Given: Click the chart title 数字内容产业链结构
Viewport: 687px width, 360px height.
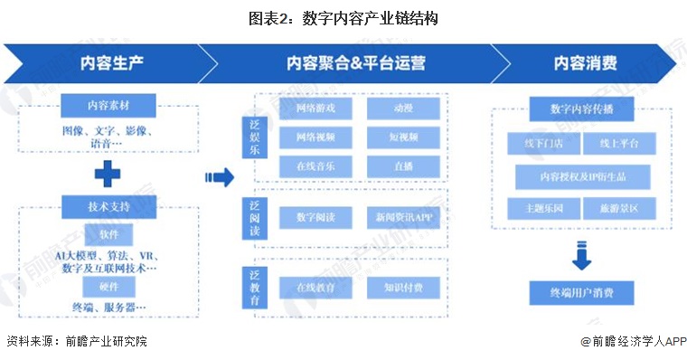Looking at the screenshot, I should (x=343, y=18).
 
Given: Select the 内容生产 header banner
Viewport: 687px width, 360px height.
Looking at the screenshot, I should (x=108, y=64).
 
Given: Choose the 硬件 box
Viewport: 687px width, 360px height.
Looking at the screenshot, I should (x=109, y=286).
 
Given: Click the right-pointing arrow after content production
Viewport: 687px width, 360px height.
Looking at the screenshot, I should (x=214, y=177).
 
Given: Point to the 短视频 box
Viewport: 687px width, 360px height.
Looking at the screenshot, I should (x=403, y=137).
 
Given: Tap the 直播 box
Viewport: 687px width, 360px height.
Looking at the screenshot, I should (x=403, y=166).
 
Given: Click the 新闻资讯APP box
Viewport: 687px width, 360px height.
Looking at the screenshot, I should (x=403, y=218).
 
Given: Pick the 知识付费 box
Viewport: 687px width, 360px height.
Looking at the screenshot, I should (x=403, y=288).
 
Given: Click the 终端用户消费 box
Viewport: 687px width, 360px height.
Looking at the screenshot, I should (x=581, y=292).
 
